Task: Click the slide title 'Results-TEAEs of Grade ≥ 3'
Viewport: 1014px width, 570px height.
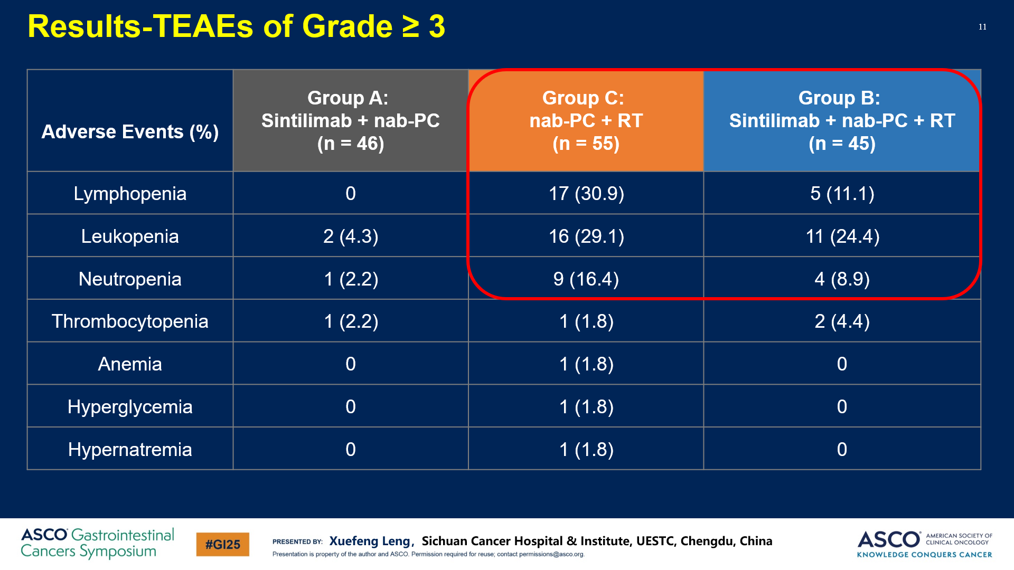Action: [236, 26]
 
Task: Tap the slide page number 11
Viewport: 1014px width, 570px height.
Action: [982, 27]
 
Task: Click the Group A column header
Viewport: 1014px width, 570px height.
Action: [351, 121]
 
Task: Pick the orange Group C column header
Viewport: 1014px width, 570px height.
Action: [586, 121]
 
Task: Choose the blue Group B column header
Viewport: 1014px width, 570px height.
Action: [842, 121]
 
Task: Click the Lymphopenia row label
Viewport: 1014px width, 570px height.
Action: [130, 194]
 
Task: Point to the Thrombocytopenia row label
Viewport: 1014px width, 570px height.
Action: [130, 321]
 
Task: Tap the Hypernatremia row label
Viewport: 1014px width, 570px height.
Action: [130, 450]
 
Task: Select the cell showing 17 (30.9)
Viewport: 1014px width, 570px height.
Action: [586, 194]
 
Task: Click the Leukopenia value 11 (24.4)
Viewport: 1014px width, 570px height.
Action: [842, 236]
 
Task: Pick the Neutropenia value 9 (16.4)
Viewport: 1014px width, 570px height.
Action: [586, 279]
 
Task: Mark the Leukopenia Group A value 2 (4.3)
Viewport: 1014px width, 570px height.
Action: [351, 236]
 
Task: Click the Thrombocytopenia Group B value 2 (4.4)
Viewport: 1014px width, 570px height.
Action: [842, 321]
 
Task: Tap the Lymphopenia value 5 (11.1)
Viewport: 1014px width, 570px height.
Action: [842, 194]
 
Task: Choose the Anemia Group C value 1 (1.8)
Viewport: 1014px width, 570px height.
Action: [586, 364]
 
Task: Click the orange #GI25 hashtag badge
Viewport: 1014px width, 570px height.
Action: [222, 545]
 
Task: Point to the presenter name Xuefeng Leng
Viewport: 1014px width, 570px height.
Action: [370, 541]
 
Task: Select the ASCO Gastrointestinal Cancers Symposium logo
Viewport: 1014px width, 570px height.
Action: [97, 543]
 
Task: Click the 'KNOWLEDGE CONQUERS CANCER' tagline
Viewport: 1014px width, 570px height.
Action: [924, 555]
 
